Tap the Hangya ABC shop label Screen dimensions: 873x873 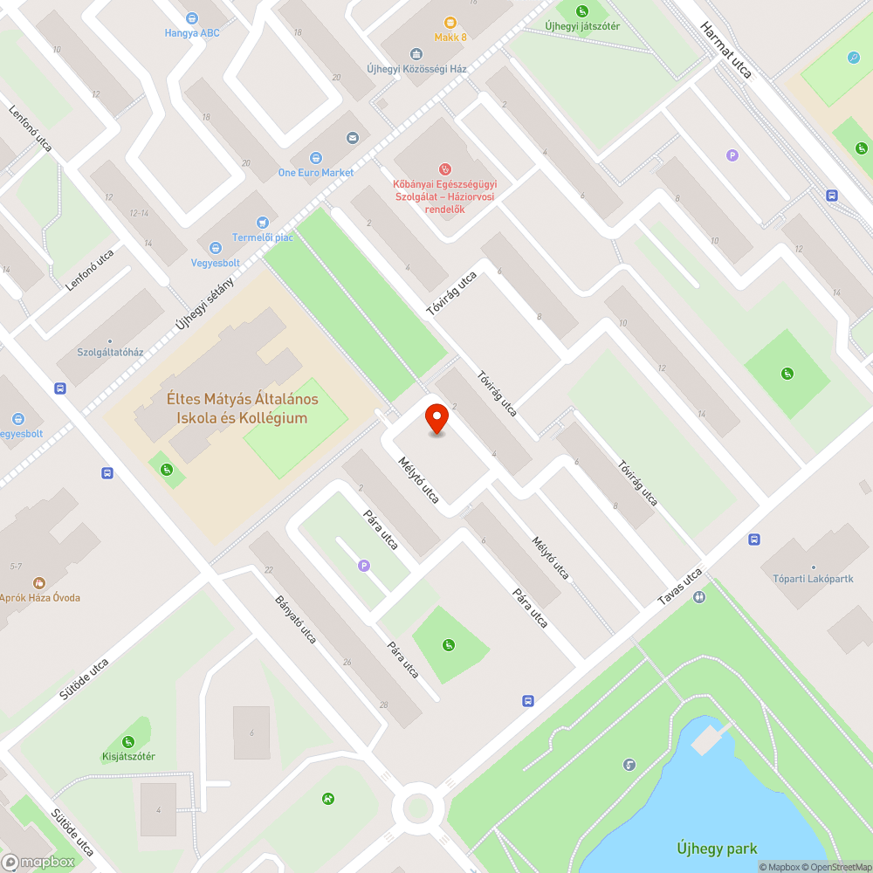click(192, 33)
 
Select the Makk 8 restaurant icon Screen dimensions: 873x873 click(450, 22)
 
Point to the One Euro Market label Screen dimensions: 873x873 click(316, 172)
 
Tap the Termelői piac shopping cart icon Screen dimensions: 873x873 click(262, 223)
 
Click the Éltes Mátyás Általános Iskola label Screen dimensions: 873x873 click(242, 409)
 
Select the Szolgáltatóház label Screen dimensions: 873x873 click(111, 352)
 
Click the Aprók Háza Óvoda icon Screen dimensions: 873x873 click(38, 582)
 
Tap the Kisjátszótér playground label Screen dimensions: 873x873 click(127, 756)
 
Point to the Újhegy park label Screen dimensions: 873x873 click(717, 848)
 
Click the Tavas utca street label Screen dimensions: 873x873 click(680, 588)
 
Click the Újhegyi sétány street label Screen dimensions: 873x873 click(205, 303)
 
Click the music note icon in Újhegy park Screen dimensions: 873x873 click(629, 765)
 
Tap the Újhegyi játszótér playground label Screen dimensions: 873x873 click(582, 26)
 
